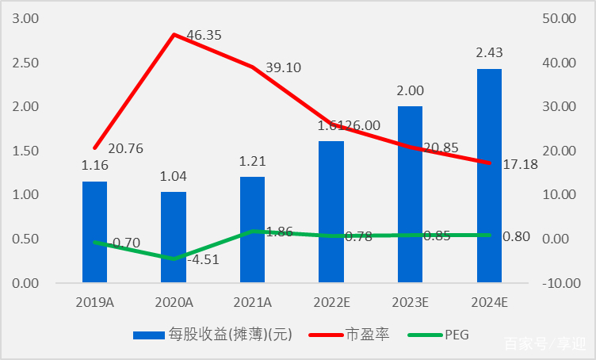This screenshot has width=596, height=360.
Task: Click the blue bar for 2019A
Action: point(94,232)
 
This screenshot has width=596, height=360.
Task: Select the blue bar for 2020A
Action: point(174,236)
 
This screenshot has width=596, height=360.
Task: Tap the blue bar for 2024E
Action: point(489,175)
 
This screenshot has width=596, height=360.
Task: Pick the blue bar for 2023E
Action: point(410,194)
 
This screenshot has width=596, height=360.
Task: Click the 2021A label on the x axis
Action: point(253,302)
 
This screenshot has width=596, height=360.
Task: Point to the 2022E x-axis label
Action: point(331,302)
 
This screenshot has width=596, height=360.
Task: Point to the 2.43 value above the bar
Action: point(489,53)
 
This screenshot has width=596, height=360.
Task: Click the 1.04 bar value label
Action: point(174,176)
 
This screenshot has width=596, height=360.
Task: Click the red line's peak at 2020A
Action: point(174,35)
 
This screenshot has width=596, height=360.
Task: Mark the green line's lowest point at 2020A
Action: point(174,259)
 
